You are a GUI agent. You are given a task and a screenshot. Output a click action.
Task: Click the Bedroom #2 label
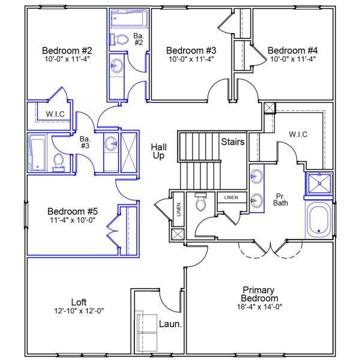coord(66,50)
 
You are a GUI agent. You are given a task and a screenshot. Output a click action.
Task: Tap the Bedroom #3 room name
coord(191,50)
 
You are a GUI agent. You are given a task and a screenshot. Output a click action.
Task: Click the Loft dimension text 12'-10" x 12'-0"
coord(79,311)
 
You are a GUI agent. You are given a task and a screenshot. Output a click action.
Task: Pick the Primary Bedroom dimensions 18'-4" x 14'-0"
coord(259,307)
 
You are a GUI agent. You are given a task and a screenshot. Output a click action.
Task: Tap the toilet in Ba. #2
coord(120,40)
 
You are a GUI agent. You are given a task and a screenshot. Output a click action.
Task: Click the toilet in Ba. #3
coord(59,162)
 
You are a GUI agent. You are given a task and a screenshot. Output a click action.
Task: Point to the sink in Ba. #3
coord(111,144)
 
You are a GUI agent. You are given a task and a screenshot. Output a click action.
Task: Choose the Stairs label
coord(232,142)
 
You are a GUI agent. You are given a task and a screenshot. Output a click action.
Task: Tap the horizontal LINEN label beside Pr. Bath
coord(232,197)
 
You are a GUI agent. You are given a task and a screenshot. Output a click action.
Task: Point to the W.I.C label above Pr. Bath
coord(298,134)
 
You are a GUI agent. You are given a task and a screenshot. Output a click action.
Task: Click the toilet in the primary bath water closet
coord(201,202)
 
